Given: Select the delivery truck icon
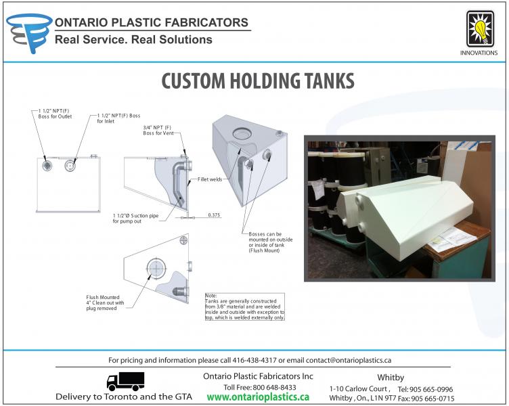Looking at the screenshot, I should pos(125,381).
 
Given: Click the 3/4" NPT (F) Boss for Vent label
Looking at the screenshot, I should pos(158,132).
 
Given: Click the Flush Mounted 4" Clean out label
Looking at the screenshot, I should pos(105,304).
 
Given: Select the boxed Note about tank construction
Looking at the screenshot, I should pos(245,307).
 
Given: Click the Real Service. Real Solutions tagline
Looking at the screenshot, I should pos(133,40).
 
